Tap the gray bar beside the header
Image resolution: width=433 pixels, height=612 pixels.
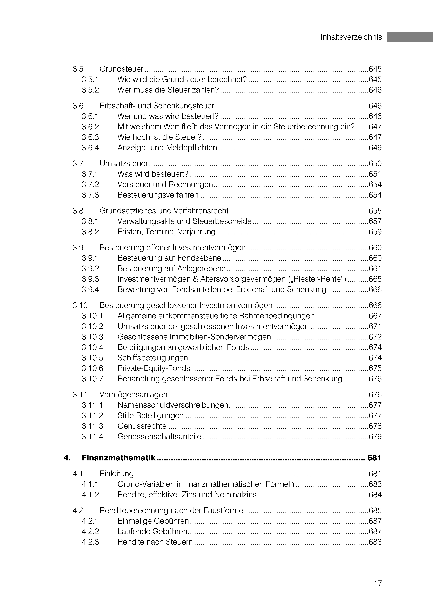point(410,37)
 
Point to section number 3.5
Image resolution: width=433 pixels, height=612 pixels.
point(78,69)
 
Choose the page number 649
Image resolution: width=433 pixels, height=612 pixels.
point(375,148)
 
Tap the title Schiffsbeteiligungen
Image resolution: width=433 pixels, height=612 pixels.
point(153,358)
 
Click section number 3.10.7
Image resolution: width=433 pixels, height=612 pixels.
point(92,379)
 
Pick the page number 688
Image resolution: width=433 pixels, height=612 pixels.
point(375,542)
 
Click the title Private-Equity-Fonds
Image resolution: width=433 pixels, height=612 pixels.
point(154,368)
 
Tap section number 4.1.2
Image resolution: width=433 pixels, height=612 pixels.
point(90,495)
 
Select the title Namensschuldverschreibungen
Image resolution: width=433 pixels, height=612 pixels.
point(173,405)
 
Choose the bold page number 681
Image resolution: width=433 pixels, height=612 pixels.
point(374,458)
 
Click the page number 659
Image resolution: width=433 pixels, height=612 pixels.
point(375,232)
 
